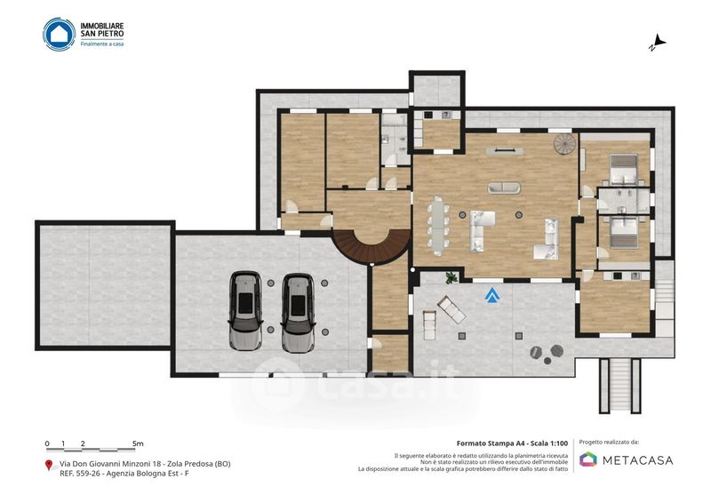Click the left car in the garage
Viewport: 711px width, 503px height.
[245, 311]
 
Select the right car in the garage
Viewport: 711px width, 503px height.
[298, 313]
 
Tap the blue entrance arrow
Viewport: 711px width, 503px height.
[492, 295]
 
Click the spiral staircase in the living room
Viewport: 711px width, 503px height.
[564, 144]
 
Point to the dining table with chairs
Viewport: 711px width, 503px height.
[438, 226]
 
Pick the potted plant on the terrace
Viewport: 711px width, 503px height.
[451, 277]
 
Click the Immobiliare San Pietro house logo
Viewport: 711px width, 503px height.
[59, 34]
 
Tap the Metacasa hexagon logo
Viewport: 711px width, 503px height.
[588, 459]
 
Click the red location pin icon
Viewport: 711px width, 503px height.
[49, 465]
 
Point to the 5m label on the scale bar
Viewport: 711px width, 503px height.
[138, 443]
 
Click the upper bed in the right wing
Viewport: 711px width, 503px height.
[624, 170]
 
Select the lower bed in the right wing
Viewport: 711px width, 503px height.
[624, 232]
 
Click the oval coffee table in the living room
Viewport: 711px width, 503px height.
[504, 188]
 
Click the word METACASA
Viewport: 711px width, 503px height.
[637, 460]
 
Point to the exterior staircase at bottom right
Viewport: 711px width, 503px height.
[620, 386]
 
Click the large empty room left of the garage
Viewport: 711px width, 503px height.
[105, 285]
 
